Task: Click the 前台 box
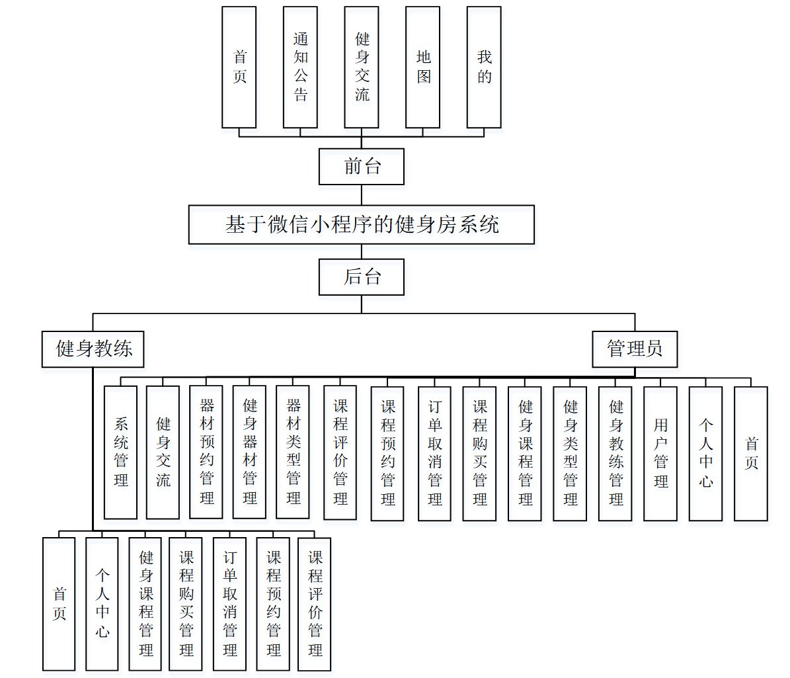[x=361, y=166]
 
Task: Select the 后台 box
[x=361, y=276]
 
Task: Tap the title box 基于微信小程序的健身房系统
[x=361, y=225]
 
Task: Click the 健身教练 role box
[x=93, y=349]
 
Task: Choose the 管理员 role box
[x=635, y=349]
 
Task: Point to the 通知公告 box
[x=300, y=67]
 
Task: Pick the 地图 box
[x=423, y=67]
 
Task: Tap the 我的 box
[x=484, y=67]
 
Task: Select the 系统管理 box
[x=120, y=452]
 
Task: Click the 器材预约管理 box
[x=206, y=452]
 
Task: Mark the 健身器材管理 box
[x=249, y=452]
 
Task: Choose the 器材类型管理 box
[x=293, y=452]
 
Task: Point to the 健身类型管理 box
[x=570, y=454]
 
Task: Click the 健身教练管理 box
[x=615, y=454]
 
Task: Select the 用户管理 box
[x=660, y=454]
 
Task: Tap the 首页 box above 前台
[x=239, y=67]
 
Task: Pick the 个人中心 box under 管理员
[x=705, y=454]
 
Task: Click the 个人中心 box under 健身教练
[x=102, y=604]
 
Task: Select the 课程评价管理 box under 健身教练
[x=315, y=605]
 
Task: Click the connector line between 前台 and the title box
[x=362, y=195]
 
